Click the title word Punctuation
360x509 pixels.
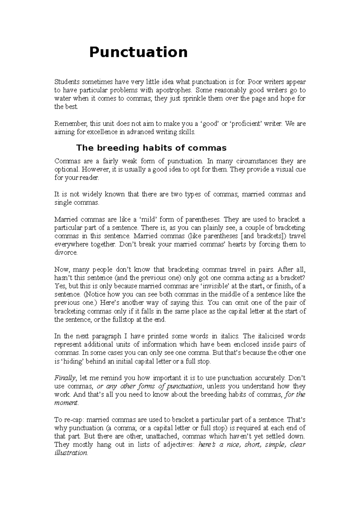pyautogui.click(x=138, y=52)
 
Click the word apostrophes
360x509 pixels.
pyautogui.click(x=173, y=90)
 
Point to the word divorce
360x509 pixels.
pyautogui.click(x=66, y=252)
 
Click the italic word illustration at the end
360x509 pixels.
pyautogui.click(x=71, y=453)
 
